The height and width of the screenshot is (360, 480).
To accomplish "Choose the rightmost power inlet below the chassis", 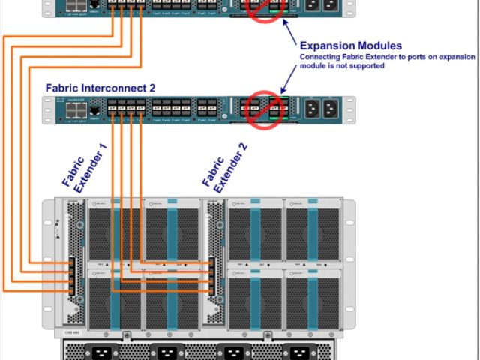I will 295,352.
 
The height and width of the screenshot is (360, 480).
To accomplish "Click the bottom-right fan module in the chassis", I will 313,298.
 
